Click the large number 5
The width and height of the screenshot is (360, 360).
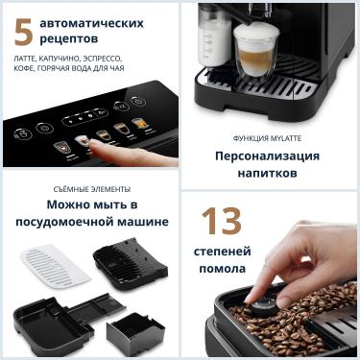point(23,30)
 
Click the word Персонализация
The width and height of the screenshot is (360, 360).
point(268,156)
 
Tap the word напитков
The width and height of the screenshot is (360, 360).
point(268,174)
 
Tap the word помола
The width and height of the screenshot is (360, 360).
point(223,268)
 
